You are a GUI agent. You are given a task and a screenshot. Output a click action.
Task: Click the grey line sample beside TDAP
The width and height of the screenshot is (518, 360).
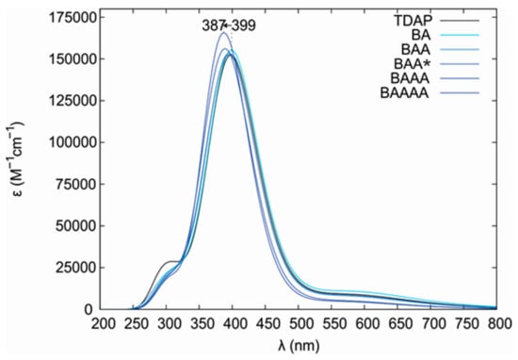(x=462, y=19)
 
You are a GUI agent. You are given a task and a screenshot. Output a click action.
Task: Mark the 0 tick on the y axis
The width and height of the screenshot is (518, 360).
(x=88, y=309)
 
